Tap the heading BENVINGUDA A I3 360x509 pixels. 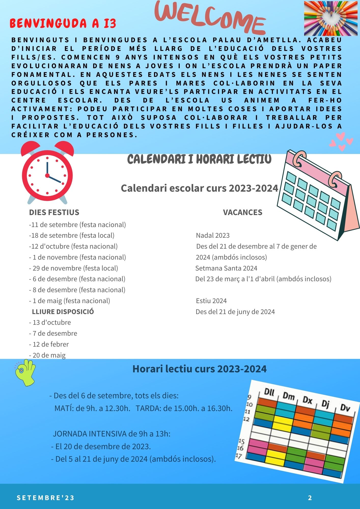(63, 24)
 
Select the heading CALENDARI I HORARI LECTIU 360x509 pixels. (199, 160)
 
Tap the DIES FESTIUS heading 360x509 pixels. (54, 212)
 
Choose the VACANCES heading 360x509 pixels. (242, 212)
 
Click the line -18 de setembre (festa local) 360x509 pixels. (72, 235)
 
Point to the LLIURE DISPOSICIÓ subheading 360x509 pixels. (63, 312)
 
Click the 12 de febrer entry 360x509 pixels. (49, 344)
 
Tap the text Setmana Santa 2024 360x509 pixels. (226, 268)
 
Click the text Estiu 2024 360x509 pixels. (211, 301)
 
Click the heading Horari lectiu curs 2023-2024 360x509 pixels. (199, 369)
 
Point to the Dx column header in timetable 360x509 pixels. (307, 400)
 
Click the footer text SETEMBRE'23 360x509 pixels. (46, 498)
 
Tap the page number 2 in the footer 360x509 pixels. (310, 498)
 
